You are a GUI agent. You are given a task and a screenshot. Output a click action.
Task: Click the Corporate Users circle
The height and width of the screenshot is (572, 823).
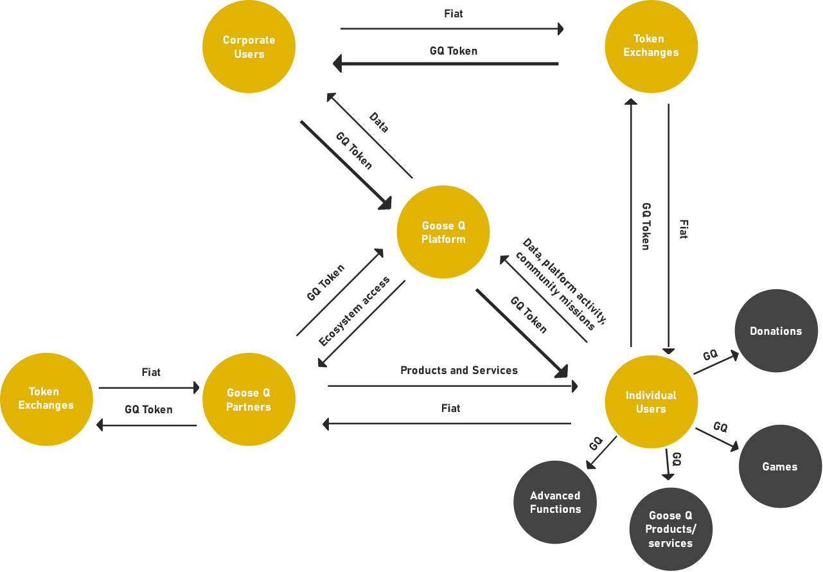pos(249,47)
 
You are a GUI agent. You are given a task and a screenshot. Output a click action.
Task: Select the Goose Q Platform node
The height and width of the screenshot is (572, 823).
pos(443,232)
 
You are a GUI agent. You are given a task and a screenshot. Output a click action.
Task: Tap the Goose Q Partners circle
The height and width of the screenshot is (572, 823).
pos(249,400)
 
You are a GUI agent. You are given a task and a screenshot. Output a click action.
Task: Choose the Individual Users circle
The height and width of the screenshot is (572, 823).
pos(651,402)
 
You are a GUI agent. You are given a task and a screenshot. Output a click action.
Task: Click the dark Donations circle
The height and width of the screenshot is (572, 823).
pos(776,331)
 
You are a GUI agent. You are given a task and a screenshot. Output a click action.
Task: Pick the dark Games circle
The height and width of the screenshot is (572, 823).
pos(780,467)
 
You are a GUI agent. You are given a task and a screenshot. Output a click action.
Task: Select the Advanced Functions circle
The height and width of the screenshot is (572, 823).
pos(555,502)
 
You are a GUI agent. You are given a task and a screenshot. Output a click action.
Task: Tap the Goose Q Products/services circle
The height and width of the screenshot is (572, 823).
pos(671,530)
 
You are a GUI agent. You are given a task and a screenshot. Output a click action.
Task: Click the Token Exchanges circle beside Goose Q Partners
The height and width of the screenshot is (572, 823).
pos(46,400)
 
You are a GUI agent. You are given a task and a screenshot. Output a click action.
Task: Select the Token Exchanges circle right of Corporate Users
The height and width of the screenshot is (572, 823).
pos(651,47)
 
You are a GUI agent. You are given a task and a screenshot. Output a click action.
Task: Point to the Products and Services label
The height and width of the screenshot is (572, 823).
pos(459,370)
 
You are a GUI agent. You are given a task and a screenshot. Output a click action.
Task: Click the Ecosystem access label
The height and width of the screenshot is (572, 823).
pos(354,311)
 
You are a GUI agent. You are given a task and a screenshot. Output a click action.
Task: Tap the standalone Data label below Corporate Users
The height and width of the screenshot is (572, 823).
pos(379,122)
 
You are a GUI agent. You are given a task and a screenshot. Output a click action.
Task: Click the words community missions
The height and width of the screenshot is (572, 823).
pos(555,291)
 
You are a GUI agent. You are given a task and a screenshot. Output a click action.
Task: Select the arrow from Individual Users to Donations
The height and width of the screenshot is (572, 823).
pos(716,362)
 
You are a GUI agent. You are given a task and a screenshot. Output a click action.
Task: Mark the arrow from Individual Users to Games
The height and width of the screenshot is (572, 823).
pos(717,440)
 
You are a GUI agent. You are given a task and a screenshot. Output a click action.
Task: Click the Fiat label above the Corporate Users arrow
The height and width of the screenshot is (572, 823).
pos(454,13)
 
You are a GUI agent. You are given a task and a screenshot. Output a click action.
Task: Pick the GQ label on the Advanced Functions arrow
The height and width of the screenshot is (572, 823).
pos(596,443)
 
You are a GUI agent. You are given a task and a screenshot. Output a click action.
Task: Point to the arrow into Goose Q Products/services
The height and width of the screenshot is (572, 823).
pos(668,464)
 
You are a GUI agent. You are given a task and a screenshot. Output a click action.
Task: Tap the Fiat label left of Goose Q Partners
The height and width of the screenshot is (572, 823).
pos(151,372)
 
